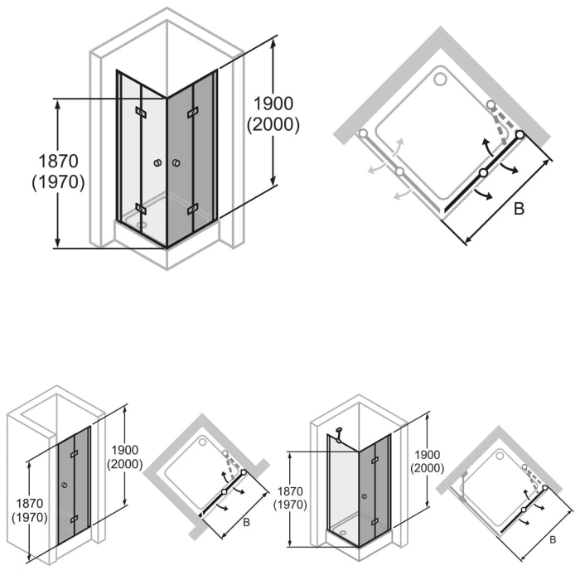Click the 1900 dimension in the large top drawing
click(x=273, y=104)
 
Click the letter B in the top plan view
click(x=519, y=209)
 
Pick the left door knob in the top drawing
click(x=157, y=164)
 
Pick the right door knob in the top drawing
click(x=176, y=164)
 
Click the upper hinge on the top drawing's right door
click(x=193, y=112)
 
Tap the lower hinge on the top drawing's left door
click(x=141, y=208)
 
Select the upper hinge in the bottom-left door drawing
click(x=74, y=454)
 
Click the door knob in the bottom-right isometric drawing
click(x=365, y=496)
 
